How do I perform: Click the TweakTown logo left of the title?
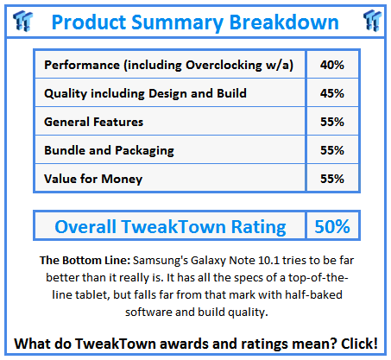click(22, 21)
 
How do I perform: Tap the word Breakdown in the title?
click(284, 22)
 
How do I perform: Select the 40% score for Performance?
click(332, 65)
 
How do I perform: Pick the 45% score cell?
click(332, 93)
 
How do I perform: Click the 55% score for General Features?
click(332, 122)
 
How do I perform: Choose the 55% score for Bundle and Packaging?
click(332, 150)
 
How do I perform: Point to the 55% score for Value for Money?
click(332, 179)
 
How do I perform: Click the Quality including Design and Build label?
click(145, 94)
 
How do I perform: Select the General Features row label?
click(93, 122)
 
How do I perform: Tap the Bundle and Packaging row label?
click(109, 151)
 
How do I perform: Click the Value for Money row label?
click(93, 179)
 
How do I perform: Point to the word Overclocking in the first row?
click(224, 66)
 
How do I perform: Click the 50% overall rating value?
click(332, 226)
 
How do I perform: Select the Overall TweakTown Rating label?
click(170, 227)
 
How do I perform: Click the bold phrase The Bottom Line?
click(85, 260)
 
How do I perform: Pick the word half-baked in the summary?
click(313, 294)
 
